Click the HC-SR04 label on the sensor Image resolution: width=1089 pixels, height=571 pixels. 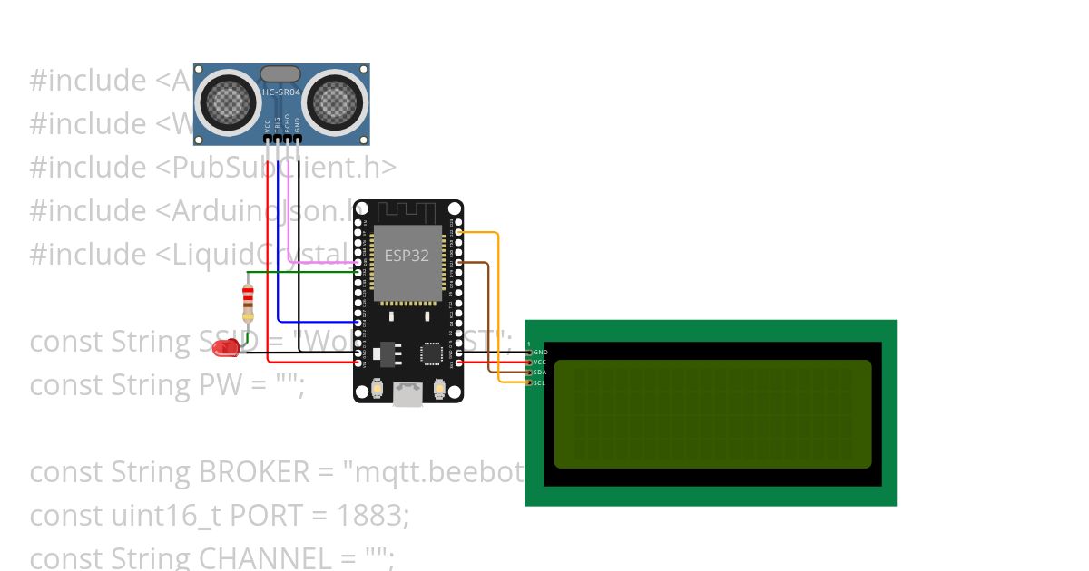281,93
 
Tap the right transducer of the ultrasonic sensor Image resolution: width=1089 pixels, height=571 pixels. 336,100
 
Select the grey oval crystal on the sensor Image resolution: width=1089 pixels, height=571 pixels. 280,73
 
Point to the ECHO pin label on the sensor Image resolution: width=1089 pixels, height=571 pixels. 288,124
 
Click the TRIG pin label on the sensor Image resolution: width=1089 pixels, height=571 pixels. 278,125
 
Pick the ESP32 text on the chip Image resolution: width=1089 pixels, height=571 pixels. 407,255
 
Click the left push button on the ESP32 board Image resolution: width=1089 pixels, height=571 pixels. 376,389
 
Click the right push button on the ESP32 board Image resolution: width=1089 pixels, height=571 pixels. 439,389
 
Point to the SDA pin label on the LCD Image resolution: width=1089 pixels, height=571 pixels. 540,373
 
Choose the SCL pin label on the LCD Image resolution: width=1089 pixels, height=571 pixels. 540,382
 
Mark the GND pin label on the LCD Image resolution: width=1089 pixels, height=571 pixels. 541,352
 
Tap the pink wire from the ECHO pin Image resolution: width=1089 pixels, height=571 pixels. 318,263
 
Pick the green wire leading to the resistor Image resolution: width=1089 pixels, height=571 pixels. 299,271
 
